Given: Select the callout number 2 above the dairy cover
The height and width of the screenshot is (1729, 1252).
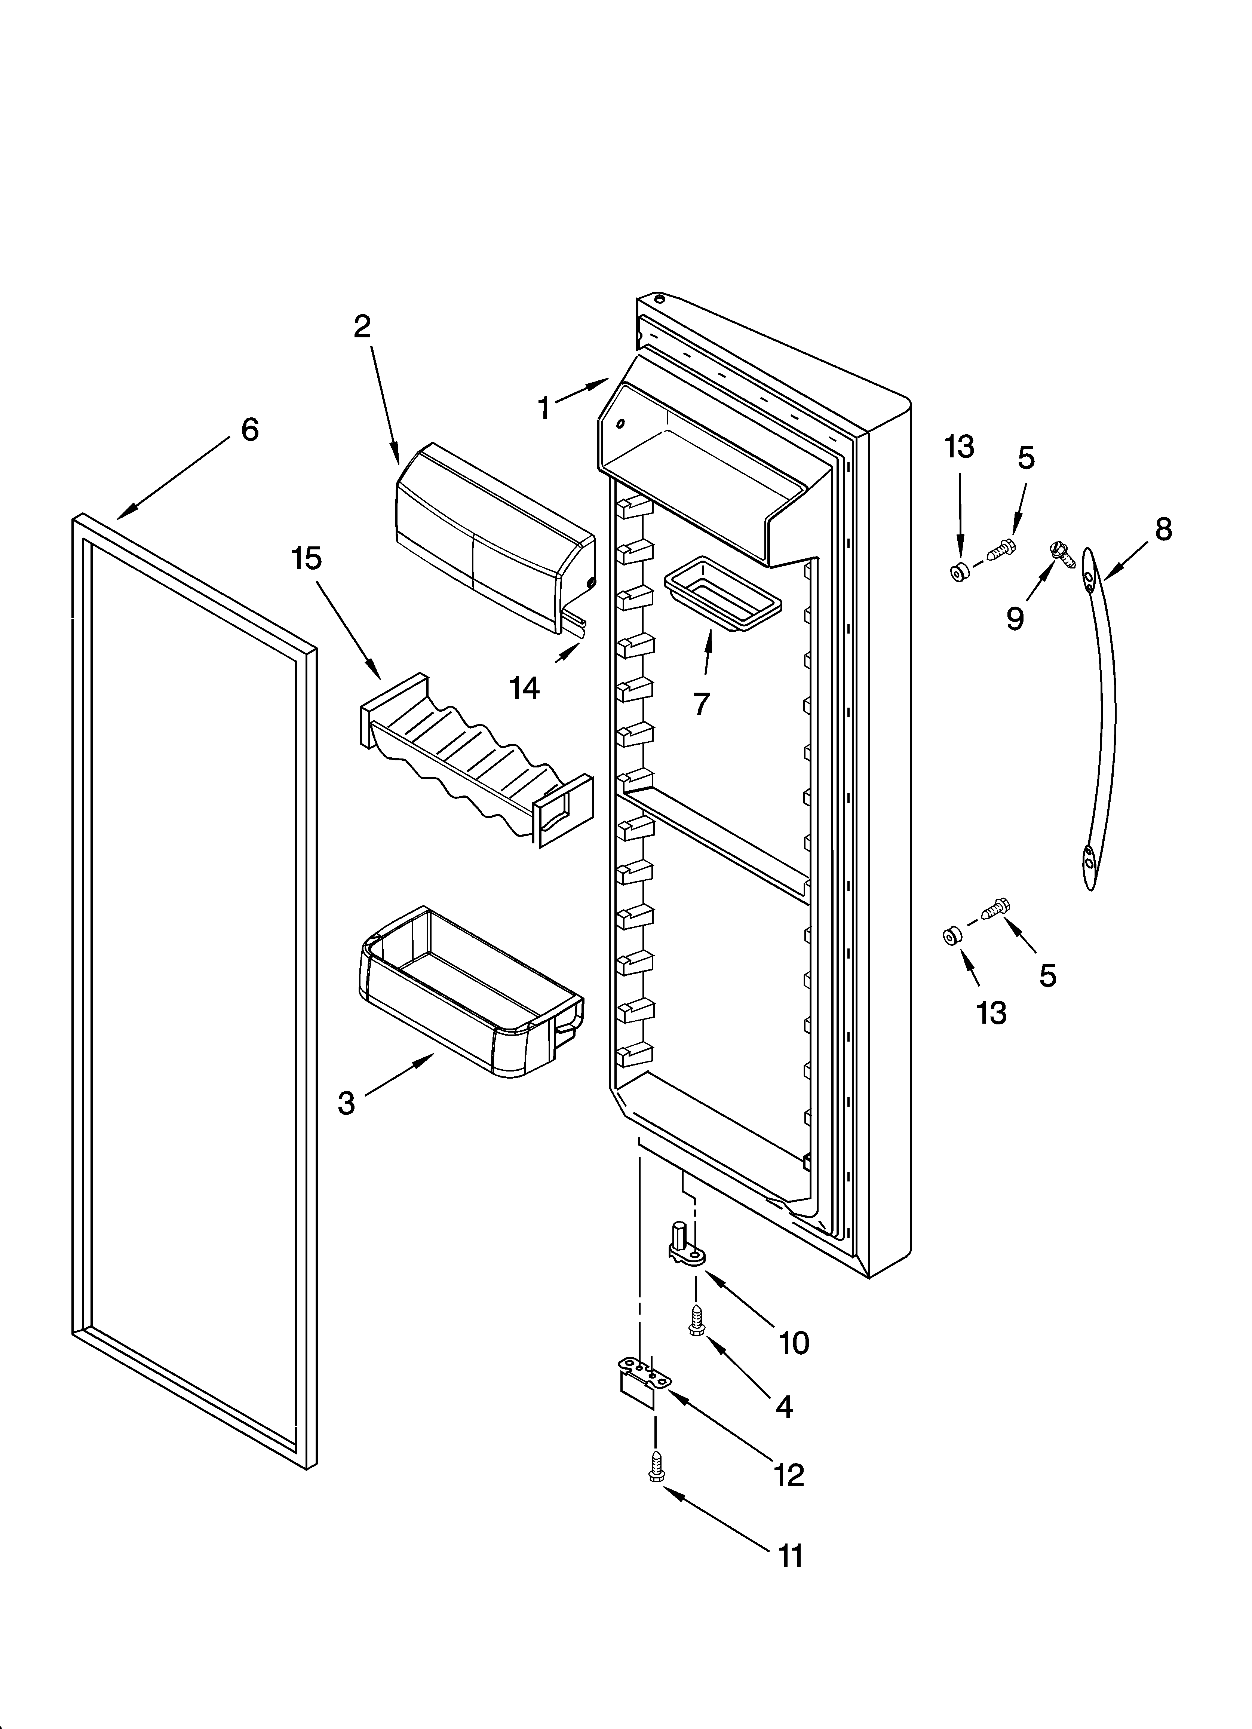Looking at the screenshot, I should [362, 326].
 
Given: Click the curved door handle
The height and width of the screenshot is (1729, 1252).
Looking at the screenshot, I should [1099, 717].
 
